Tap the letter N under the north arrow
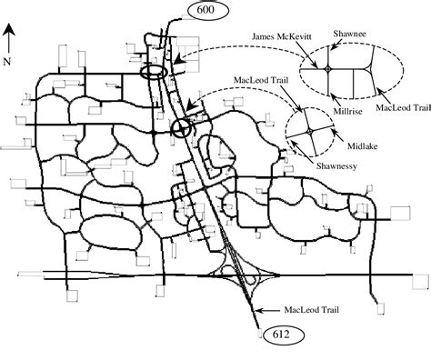point(7,60)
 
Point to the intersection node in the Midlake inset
point(310,132)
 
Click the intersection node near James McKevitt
point(326,69)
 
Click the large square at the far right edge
point(400,213)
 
